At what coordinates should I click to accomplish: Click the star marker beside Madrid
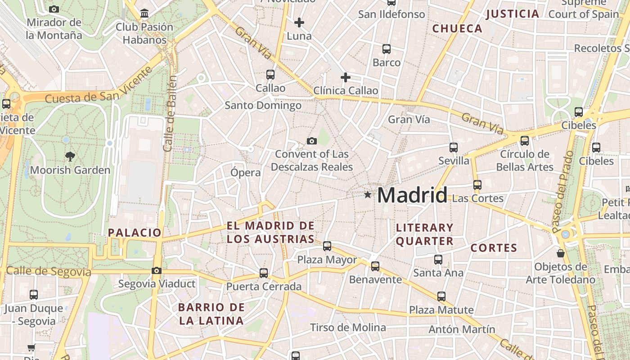(368, 195)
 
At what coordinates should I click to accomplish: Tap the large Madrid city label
(412, 195)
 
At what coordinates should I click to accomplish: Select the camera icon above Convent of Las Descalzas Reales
(311, 141)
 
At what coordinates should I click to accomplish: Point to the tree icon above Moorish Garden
(70, 157)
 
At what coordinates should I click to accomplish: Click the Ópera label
(245, 172)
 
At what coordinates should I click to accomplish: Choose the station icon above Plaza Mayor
(327, 246)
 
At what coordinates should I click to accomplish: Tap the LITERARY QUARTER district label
(424, 234)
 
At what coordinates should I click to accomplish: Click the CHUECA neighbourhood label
(457, 29)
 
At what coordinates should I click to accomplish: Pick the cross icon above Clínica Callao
(345, 77)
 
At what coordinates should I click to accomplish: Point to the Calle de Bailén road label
(170, 113)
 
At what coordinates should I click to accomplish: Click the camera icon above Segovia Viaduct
(156, 270)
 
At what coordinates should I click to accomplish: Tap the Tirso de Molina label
(348, 327)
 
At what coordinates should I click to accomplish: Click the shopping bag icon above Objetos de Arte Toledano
(560, 253)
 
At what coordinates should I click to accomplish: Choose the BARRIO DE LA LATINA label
(211, 314)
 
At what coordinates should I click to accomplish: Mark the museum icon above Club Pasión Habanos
(144, 13)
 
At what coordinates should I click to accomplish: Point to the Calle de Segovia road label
(49, 271)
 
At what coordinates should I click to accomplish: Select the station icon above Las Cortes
(477, 184)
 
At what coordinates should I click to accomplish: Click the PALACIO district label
(135, 233)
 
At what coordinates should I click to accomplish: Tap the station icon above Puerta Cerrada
(264, 273)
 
